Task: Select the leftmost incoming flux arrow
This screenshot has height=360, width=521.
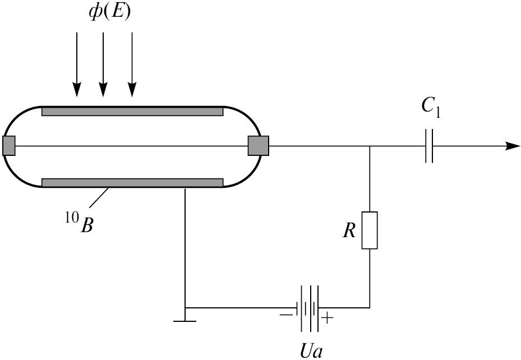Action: [x=77, y=64]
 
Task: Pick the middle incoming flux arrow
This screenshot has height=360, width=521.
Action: [x=103, y=64]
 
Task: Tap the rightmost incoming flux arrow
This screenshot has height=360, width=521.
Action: [x=132, y=64]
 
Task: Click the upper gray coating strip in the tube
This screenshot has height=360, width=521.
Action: [x=132, y=112]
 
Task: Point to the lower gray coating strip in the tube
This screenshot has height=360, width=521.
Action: [x=132, y=182]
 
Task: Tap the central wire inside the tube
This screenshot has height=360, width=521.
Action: [x=132, y=146]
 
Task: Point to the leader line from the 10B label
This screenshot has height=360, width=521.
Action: [x=99, y=198]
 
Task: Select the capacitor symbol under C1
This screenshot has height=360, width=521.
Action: [x=429, y=146]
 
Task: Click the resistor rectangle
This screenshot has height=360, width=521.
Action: [x=370, y=230]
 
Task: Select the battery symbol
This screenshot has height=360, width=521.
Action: [x=307, y=307]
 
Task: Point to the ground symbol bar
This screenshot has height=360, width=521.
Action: [x=185, y=321]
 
